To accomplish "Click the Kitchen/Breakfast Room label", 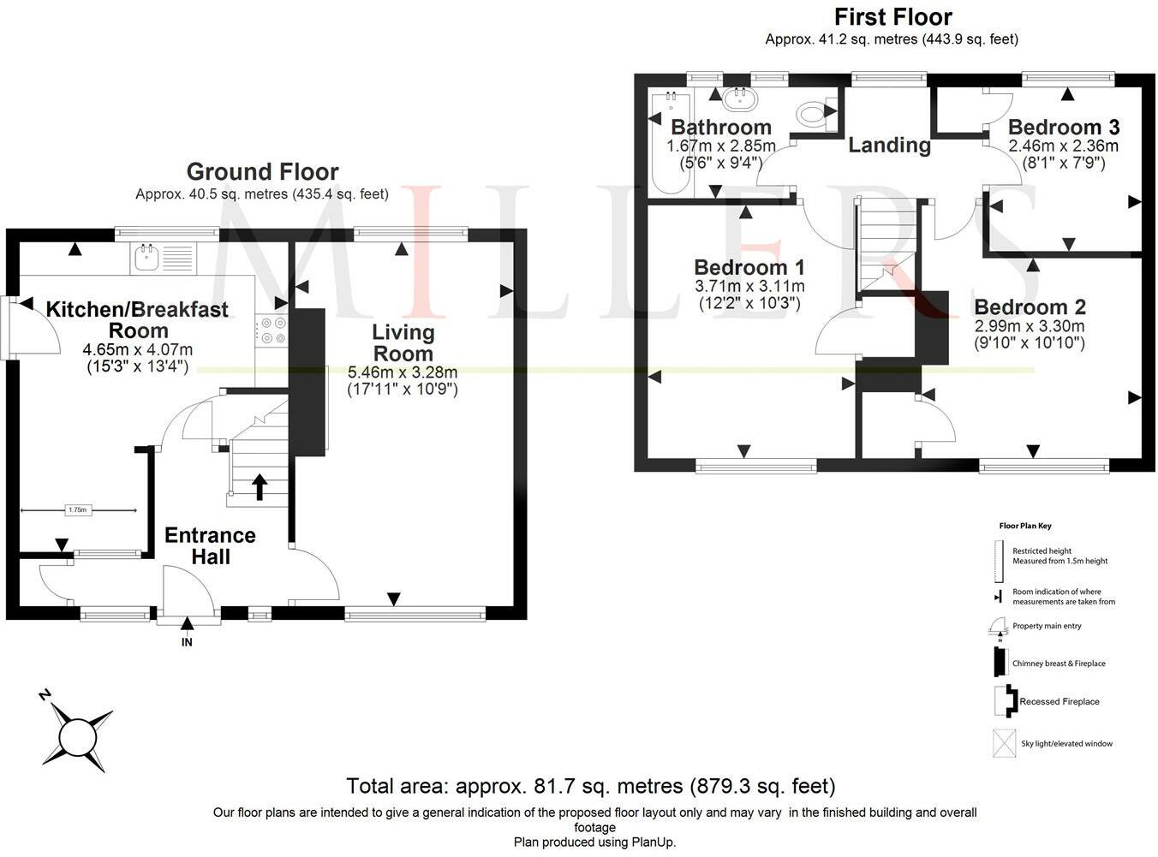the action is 137,319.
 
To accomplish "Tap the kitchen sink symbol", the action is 147,258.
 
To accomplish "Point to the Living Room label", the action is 403,343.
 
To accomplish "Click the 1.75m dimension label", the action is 77,510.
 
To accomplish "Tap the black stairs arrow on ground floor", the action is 260,487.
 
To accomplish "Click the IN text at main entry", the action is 187,642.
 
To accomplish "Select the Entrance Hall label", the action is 211,546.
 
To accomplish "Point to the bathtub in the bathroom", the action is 671,142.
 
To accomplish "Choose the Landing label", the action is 889,145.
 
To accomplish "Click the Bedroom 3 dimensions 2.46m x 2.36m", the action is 1064,146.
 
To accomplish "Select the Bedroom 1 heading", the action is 749,267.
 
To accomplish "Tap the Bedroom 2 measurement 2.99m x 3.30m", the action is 1030,326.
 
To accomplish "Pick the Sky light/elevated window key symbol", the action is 1004,742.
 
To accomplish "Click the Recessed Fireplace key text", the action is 1060,701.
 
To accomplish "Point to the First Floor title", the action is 893,17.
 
